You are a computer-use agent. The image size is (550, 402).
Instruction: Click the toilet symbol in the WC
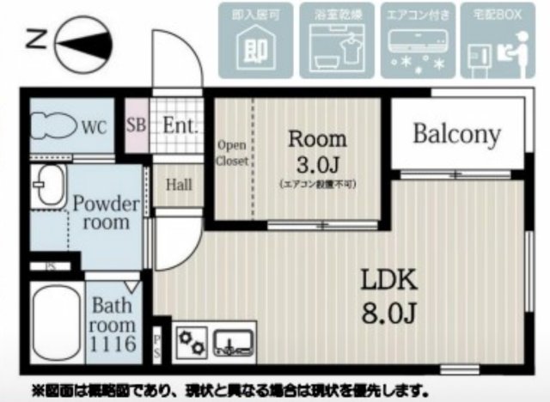[53, 125]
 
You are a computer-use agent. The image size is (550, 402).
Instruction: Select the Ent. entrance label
[180, 125]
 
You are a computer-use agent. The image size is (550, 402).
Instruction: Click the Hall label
[179, 184]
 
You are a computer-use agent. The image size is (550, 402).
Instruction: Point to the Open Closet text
[232, 153]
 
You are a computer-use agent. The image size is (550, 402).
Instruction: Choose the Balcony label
[456, 134]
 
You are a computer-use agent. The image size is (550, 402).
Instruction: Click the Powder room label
[105, 213]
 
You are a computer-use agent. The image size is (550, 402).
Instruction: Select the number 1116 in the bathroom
[113, 345]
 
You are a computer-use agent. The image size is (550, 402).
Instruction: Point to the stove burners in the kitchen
[191, 342]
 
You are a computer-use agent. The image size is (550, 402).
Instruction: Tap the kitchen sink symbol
[231, 342]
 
